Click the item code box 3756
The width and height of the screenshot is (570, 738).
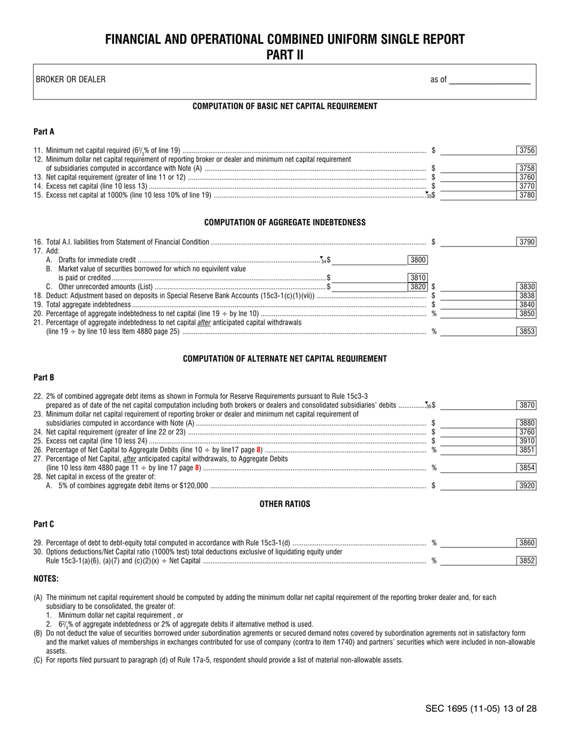(526, 151)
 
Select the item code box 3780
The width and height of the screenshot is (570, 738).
(526, 195)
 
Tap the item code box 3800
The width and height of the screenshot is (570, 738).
(417, 260)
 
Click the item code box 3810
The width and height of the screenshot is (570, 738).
(417, 278)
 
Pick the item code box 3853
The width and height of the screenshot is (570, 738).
(526, 331)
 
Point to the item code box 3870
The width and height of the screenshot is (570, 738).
(526, 405)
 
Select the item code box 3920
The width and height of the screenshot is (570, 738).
(526, 486)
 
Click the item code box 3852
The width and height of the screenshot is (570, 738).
(526, 561)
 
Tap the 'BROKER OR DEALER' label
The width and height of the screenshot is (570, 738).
(70, 79)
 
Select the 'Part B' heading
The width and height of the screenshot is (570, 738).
(44, 377)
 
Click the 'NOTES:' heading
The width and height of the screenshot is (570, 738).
(46, 579)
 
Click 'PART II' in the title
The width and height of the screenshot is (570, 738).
(284, 55)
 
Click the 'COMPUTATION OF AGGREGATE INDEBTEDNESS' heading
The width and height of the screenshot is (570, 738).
(284, 222)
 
